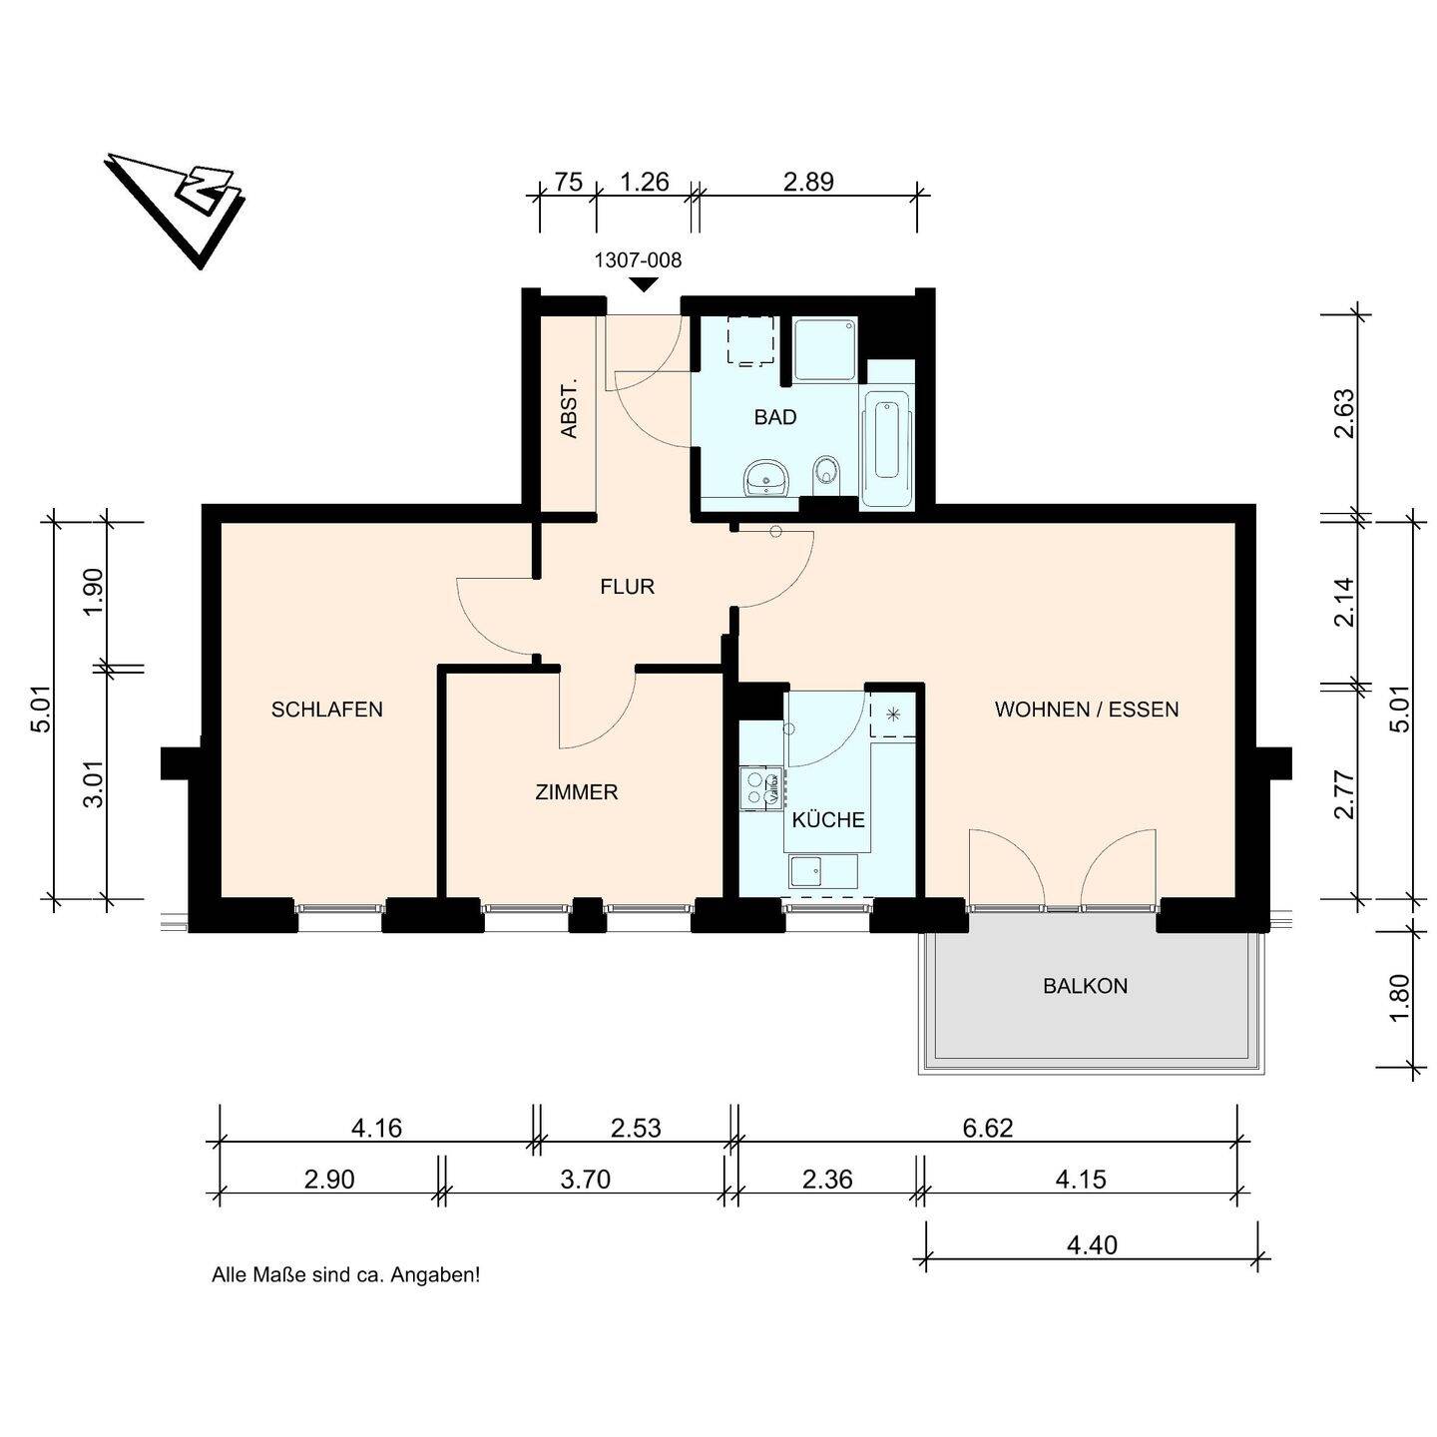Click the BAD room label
[774, 417]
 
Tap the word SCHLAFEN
[326, 710]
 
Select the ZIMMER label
[577, 792]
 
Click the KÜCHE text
[827, 819]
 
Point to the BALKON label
[1085, 986]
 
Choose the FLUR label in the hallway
[627, 587]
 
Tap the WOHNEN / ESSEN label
[1087, 710]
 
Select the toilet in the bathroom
[826, 473]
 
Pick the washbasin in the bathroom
[765, 478]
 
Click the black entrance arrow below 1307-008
[644, 284]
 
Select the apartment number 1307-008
[638, 260]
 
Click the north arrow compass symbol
[176, 207]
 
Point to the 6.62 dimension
[987, 1128]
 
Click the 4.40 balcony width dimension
[1092, 1244]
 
